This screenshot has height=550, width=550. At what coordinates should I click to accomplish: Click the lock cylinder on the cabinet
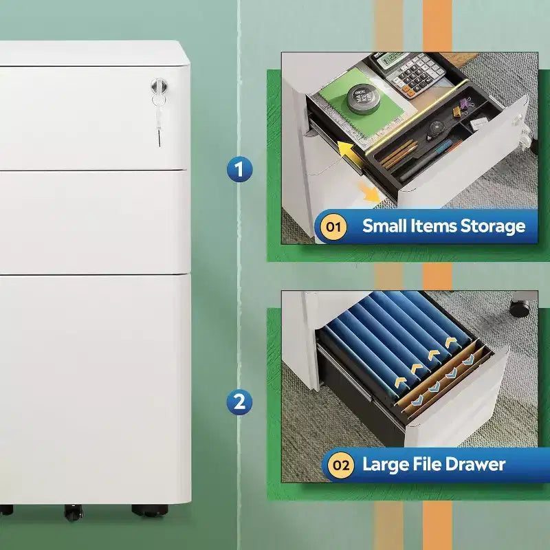159,85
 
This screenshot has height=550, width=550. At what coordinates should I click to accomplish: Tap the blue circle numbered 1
239,169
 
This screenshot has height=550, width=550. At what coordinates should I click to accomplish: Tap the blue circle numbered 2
239,401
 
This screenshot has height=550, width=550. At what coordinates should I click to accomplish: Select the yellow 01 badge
333,227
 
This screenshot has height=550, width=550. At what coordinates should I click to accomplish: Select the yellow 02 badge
340,465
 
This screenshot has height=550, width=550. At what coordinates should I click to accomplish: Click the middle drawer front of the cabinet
95,221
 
